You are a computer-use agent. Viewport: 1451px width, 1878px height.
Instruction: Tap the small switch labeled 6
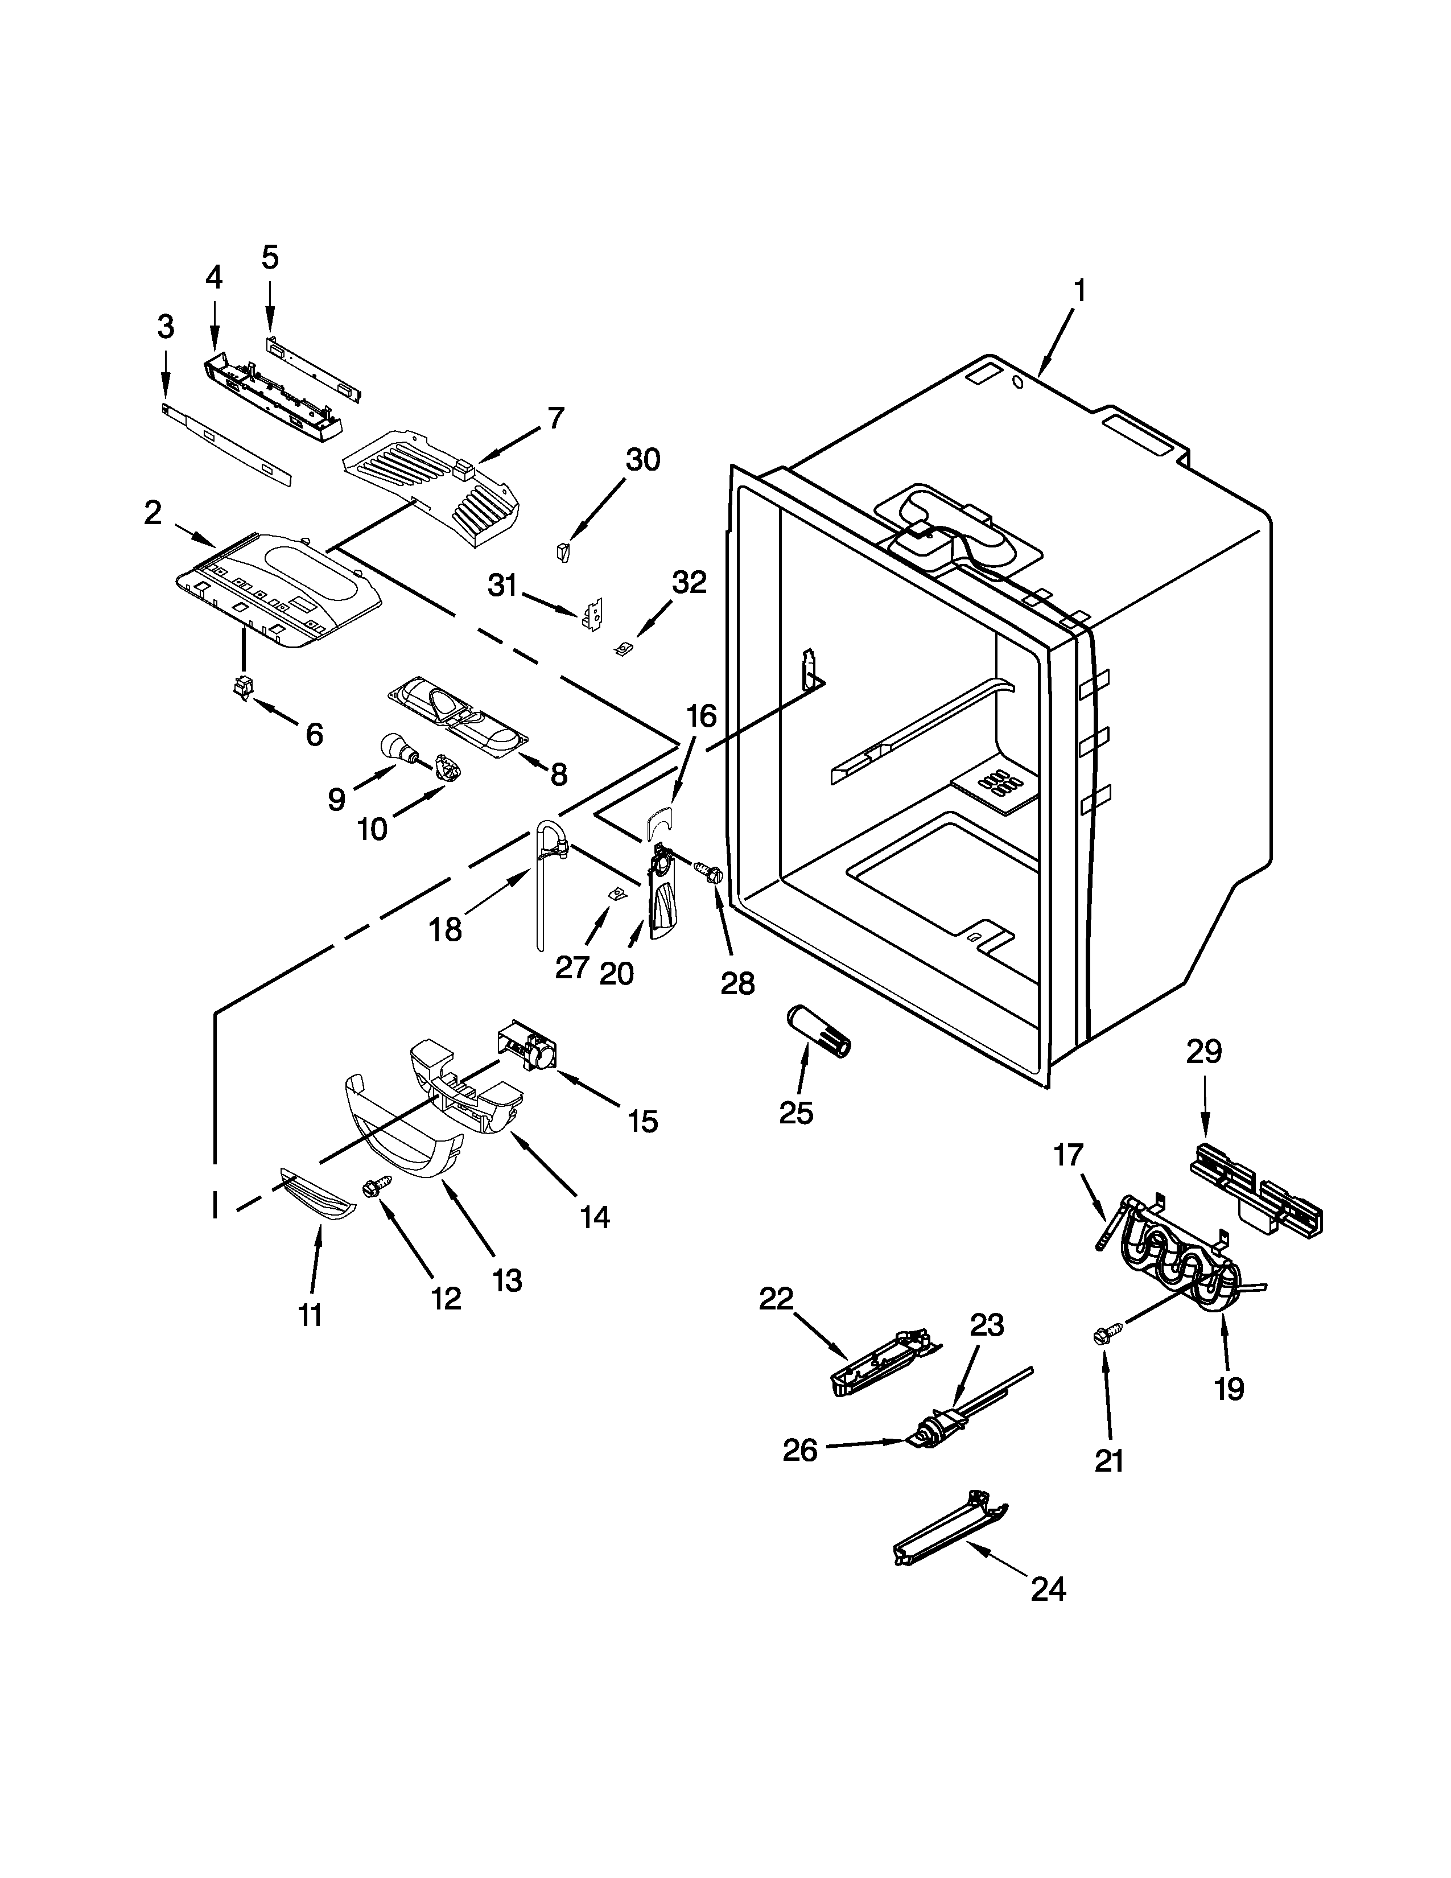point(244,688)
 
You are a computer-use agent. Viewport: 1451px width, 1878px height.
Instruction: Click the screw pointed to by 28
point(710,874)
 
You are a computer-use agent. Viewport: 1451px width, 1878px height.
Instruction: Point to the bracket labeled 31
point(593,614)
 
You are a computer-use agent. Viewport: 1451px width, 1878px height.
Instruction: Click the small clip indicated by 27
point(616,894)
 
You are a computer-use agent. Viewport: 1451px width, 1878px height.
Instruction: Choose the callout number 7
point(555,419)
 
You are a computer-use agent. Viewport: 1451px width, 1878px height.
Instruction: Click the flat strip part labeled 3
point(228,443)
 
